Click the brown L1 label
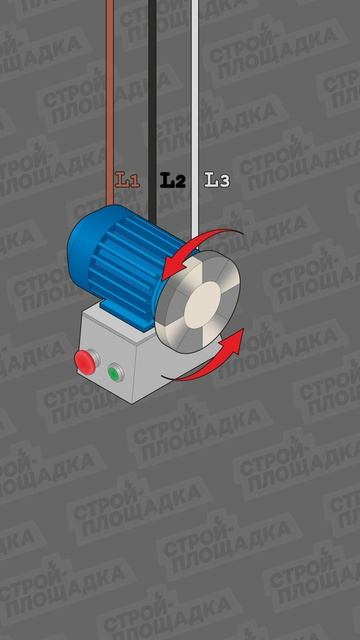click(x=127, y=180)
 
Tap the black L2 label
click(x=173, y=180)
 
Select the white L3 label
click(x=217, y=180)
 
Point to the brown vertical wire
click(x=110, y=102)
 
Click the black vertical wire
click(x=152, y=110)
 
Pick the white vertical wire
click(x=195, y=122)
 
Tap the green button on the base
click(x=116, y=373)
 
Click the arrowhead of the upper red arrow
click(x=173, y=267)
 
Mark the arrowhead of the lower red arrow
click(x=234, y=340)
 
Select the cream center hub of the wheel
click(x=203, y=305)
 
